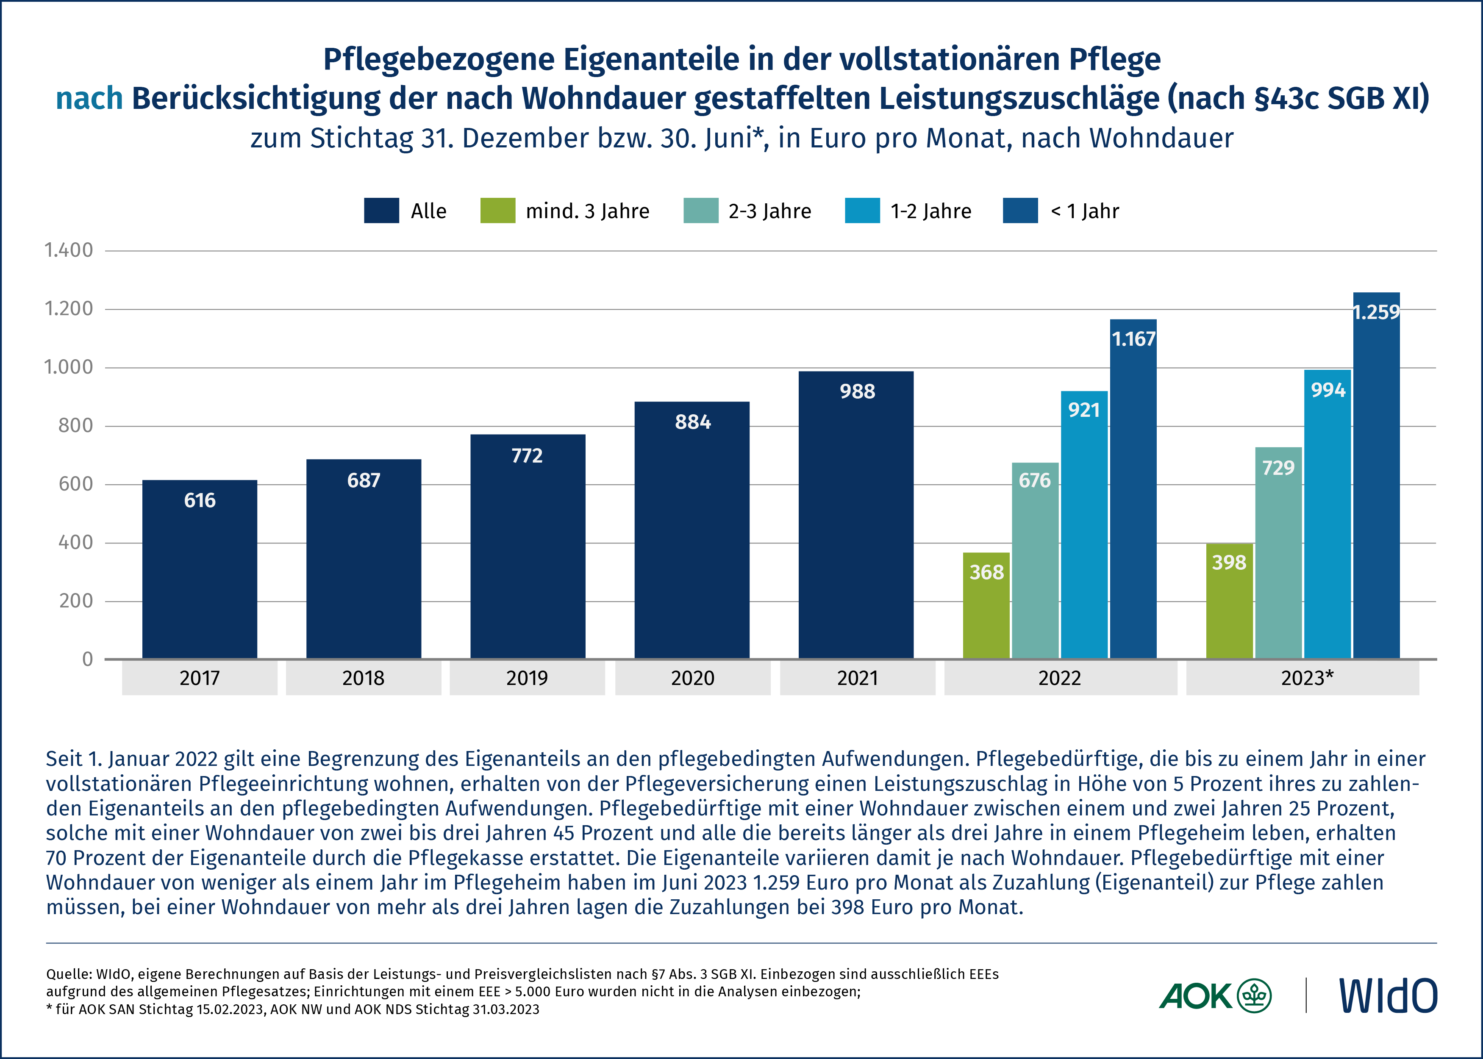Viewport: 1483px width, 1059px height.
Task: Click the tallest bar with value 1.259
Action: click(1376, 489)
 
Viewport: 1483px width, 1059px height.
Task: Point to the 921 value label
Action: click(1084, 410)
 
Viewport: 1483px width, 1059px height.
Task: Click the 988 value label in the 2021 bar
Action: click(857, 391)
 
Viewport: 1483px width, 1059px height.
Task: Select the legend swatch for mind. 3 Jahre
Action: click(497, 211)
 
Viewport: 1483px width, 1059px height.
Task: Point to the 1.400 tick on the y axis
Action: click(69, 250)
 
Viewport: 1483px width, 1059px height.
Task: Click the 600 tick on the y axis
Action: click(76, 484)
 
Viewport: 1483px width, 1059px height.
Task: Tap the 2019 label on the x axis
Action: click(527, 678)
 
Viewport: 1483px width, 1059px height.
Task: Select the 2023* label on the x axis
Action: click(1307, 678)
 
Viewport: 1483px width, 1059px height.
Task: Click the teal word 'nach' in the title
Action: click(89, 98)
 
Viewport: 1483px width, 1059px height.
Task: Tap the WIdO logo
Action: click(1387, 995)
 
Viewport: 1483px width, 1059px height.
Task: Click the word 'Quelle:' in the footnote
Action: click(69, 974)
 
